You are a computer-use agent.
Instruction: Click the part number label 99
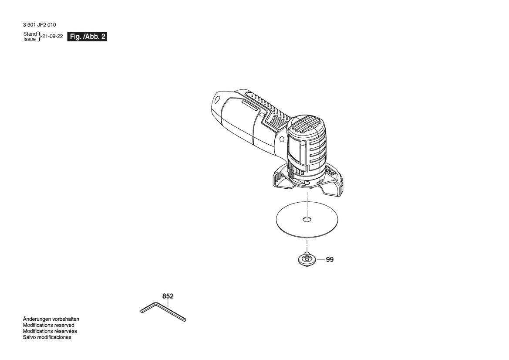(330, 260)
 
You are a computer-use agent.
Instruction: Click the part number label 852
(168, 296)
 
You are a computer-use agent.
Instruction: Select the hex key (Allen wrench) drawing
(162, 311)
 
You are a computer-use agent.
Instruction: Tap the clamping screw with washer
(306, 259)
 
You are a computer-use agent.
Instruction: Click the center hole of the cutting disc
(307, 219)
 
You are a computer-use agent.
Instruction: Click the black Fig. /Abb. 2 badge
(87, 37)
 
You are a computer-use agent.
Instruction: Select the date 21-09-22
(53, 36)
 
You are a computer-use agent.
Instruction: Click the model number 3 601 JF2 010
(40, 25)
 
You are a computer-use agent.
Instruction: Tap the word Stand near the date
(30, 34)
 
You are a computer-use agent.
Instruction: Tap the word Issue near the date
(30, 39)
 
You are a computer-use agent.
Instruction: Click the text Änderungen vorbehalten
(51, 319)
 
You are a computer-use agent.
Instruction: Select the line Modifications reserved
(48, 325)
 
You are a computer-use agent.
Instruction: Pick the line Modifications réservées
(50, 331)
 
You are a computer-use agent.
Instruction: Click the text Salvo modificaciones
(47, 337)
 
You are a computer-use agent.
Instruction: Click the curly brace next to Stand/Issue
(40, 37)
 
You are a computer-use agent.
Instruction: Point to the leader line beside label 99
(320, 260)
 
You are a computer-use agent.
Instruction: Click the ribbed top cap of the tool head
(306, 125)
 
